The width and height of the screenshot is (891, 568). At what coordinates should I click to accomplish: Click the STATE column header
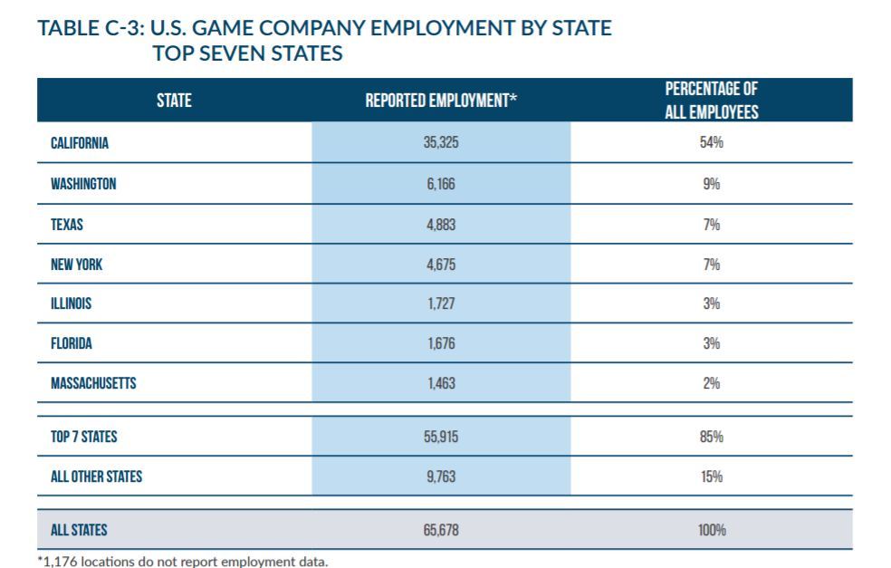pos(174,101)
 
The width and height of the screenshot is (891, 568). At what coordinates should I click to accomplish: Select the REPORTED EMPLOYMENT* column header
pos(441,101)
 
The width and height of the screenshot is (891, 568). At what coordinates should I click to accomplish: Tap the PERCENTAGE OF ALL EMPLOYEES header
pos(712,100)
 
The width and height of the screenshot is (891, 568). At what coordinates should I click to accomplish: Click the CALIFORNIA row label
pos(80,143)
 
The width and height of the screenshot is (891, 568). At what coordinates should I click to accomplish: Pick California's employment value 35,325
pos(441,142)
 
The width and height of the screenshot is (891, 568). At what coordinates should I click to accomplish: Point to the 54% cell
pos(712,142)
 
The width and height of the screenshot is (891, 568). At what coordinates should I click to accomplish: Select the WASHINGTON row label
pos(83,184)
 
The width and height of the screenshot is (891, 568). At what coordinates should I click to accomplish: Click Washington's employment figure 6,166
pos(441,184)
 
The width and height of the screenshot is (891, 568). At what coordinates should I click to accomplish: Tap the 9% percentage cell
pos(712,184)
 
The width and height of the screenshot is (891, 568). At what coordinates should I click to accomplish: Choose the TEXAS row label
pos(67,225)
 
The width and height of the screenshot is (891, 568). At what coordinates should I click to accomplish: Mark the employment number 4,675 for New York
pos(441,265)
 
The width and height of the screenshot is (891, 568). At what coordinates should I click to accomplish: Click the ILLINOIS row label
pos(71,303)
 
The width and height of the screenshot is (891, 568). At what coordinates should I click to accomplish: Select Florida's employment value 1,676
pos(441,343)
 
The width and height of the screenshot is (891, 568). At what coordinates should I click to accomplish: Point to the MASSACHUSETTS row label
pos(94,383)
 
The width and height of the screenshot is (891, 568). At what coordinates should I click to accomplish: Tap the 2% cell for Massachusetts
pos(712,383)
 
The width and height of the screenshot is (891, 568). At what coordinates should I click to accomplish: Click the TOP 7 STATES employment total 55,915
pos(441,437)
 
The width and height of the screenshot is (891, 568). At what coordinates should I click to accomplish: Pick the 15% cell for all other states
pos(712,477)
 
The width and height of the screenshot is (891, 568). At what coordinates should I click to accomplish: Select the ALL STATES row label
pos(79,530)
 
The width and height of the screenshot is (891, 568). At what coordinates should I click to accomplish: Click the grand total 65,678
pos(441,530)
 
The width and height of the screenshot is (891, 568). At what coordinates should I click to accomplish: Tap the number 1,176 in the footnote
pos(61,562)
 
